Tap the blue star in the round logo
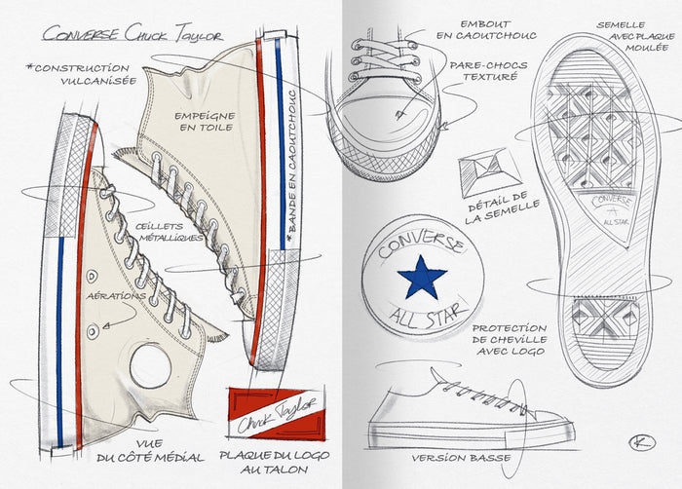point(422,278)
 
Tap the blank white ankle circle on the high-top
point(150,362)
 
